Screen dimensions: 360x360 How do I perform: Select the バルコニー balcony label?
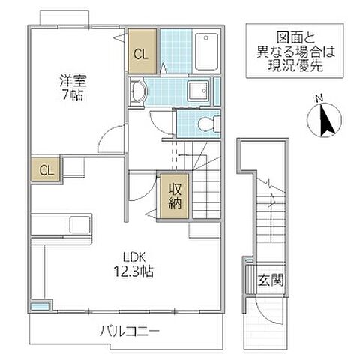[129, 329]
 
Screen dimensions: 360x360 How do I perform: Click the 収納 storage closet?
[173, 196]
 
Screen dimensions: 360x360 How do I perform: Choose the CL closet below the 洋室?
[45, 169]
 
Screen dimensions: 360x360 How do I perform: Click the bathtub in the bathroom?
[205, 51]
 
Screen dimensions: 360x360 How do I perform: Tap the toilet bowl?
[206, 124]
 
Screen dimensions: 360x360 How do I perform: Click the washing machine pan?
[199, 91]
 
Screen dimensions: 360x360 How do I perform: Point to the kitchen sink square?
[78, 224]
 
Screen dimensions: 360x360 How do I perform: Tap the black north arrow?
[325, 121]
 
